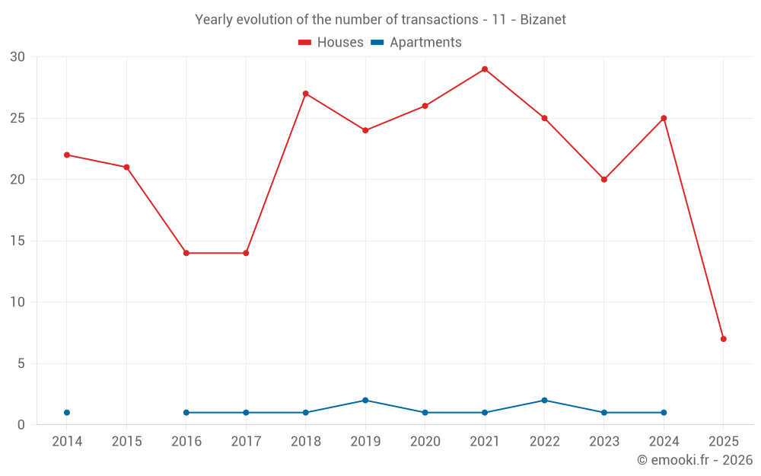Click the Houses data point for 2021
pyautogui.click(x=485, y=69)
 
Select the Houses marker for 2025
pyautogui.click(x=724, y=339)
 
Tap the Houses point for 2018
pyautogui.click(x=305, y=94)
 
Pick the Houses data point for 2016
pyautogui.click(x=186, y=253)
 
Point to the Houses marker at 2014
pyautogui.click(x=67, y=155)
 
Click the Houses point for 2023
pyautogui.click(x=604, y=180)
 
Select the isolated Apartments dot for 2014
pyautogui.click(x=67, y=413)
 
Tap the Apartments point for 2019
pyautogui.click(x=365, y=401)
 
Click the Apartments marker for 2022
pyautogui.click(x=544, y=401)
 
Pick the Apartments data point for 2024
pyautogui.click(x=664, y=413)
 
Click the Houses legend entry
pyautogui.click(x=331, y=43)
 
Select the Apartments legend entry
pyautogui.click(x=416, y=43)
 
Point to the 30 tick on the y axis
pyautogui.click(x=18, y=57)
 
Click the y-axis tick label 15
pyautogui.click(x=18, y=241)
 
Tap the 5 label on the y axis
pyautogui.click(x=21, y=364)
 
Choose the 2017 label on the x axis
pyautogui.click(x=246, y=442)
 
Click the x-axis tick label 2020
pyautogui.click(x=425, y=442)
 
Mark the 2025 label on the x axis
pyautogui.click(x=724, y=442)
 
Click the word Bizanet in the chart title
pyautogui.click(x=543, y=20)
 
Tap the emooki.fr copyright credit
pyautogui.click(x=695, y=460)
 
